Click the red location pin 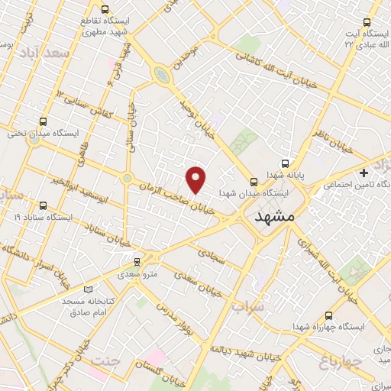[x=196, y=179]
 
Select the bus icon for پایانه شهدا [x=286, y=163]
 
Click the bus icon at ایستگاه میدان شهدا [x=254, y=182]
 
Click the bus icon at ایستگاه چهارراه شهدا [x=328, y=315]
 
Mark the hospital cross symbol [x=364, y=173]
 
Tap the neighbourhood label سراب [x=247, y=306]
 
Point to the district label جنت [x=106, y=360]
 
